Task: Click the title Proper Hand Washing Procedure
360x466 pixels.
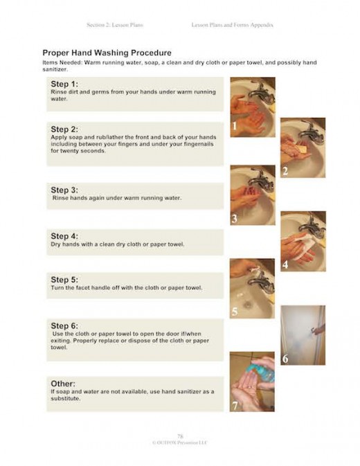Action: click(107, 53)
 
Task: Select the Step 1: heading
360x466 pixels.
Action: click(64, 84)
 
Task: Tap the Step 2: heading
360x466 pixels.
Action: click(64, 129)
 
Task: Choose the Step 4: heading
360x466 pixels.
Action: click(64, 236)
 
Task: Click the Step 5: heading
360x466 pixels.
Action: click(64, 280)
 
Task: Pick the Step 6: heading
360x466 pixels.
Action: click(64, 325)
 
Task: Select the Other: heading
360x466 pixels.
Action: click(63, 383)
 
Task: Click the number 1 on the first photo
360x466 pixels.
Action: click(235, 127)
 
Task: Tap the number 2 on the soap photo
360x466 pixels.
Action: click(285, 171)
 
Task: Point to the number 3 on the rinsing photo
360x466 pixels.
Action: click(235, 219)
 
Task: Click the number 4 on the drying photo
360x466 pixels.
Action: click(285, 265)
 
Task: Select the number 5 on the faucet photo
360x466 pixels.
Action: click(235, 312)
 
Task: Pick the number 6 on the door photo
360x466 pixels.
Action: click(285, 359)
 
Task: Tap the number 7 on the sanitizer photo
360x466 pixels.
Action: click(235, 406)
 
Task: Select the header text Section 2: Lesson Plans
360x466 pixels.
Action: click(115, 25)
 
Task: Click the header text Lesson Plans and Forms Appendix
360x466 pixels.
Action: click(232, 25)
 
